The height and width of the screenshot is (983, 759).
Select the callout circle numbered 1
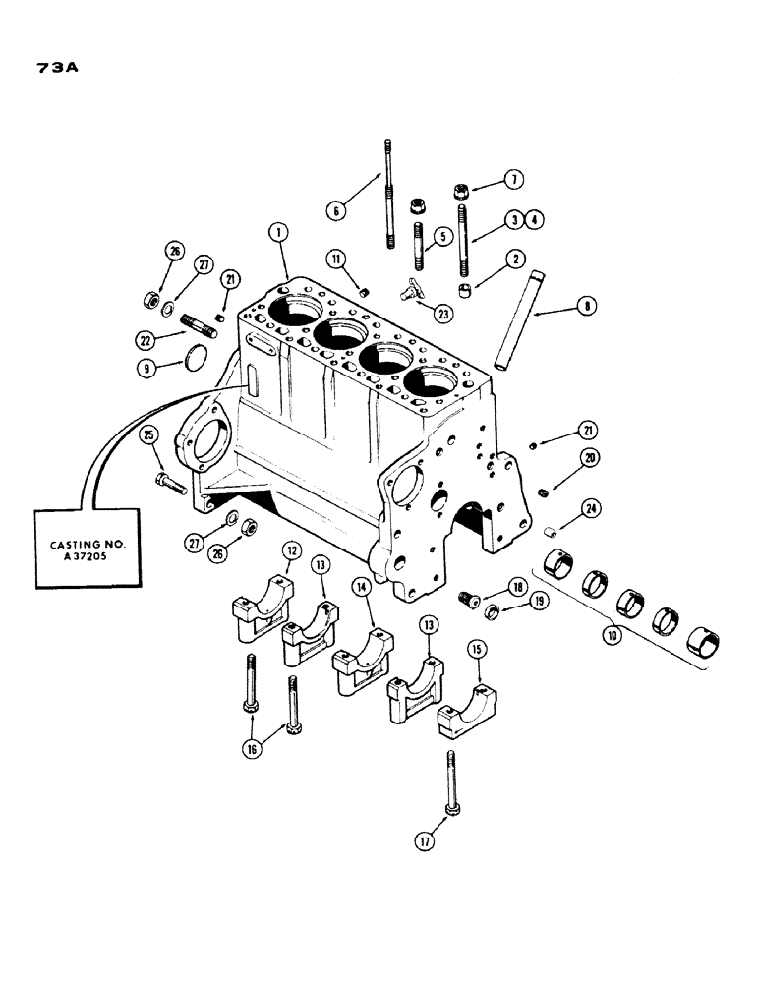[x=280, y=232]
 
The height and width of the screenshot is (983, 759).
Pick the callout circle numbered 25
[x=150, y=435]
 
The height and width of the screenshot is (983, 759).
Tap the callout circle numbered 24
[x=590, y=508]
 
